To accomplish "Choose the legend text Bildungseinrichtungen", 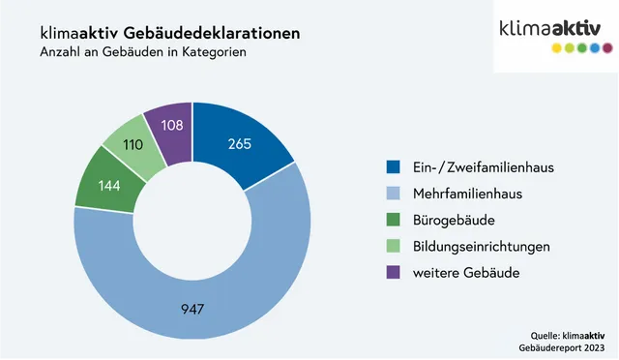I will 482,246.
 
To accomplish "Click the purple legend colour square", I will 393,273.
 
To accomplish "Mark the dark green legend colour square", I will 393,220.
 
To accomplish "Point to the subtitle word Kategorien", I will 213,52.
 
